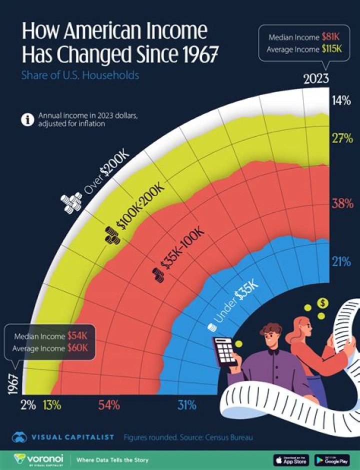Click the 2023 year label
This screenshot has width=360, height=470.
coord(316,79)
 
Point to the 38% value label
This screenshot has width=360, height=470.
coord(342,204)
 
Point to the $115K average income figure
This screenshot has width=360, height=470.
coord(331,50)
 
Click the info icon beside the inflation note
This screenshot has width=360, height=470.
coord(26,120)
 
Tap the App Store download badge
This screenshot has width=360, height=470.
coord(291,459)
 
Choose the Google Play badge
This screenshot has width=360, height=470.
coord(332,459)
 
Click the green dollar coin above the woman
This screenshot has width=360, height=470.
coord(323,303)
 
